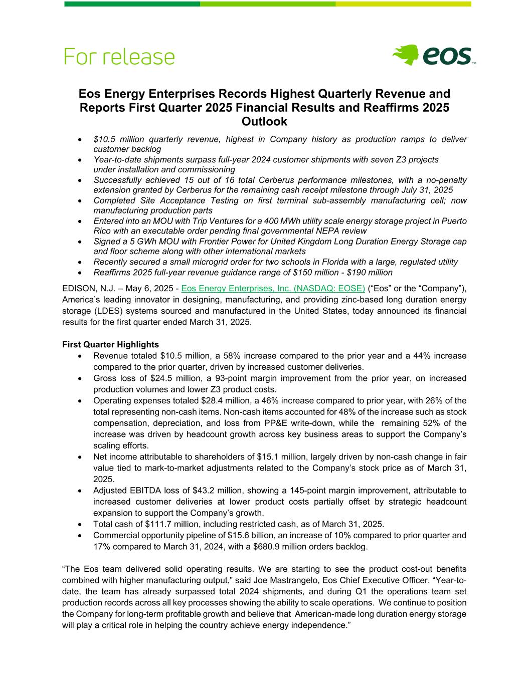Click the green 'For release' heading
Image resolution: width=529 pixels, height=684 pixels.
[119, 57]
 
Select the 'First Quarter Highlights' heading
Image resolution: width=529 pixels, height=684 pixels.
[110, 345]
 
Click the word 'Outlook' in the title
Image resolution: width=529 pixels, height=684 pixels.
[264, 122]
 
